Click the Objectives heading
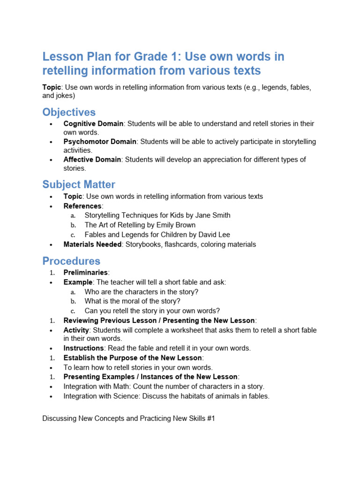click(x=69, y=112)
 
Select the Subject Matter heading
click(x=79, y=185)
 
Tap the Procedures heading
click(x=71, y=261)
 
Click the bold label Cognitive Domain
click(x=93, y=124)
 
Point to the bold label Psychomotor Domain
click(x=100, y=142)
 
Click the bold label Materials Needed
click(x=92, y=245)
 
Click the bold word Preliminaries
click(x=85, y=273)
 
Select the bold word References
click(x=82, y=206)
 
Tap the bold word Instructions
click(x=83, y=348)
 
